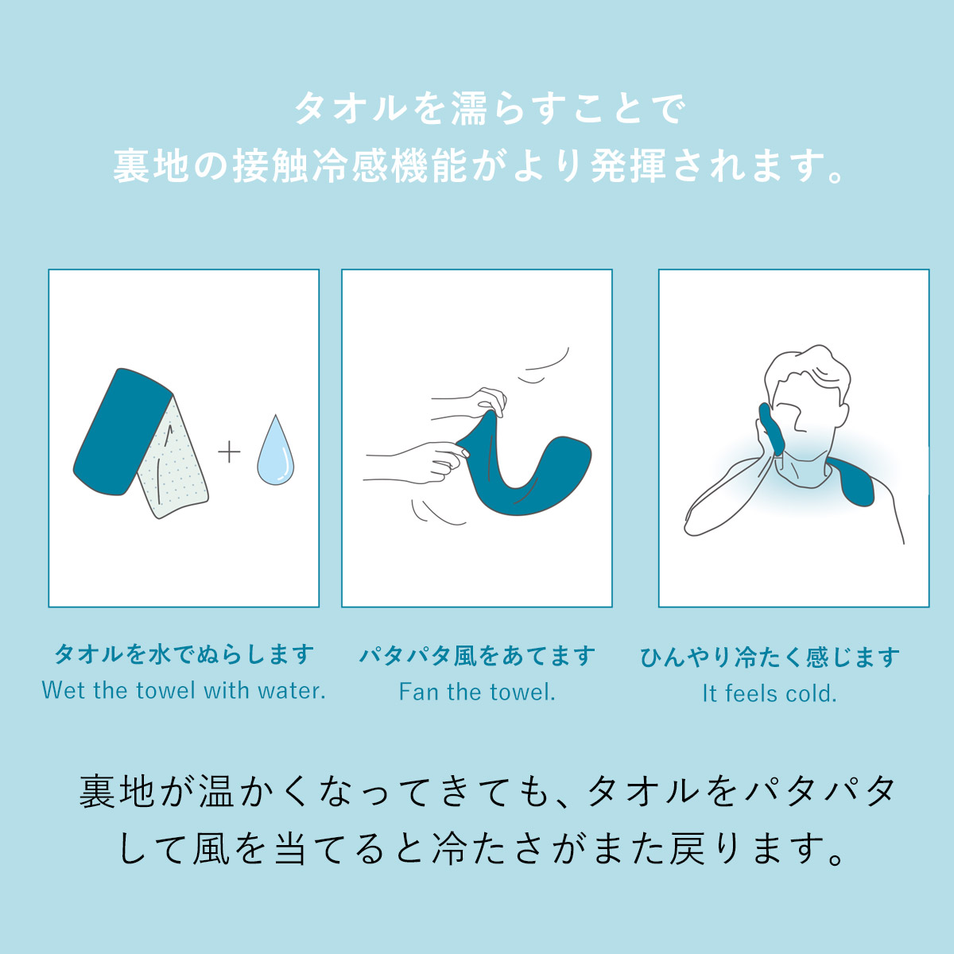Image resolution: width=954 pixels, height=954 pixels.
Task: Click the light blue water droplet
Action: [275, 453]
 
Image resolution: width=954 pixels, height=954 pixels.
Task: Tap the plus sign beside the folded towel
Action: [229, 452]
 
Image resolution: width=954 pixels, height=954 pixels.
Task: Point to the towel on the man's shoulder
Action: [851, 483]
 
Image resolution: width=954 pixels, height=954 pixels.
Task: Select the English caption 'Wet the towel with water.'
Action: [184, 691]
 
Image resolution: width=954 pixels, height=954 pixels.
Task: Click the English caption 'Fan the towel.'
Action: [477, 692]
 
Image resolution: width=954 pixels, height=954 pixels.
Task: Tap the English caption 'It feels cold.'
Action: [770, 693]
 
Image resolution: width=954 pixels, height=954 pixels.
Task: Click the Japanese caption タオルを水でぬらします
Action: [184, 655]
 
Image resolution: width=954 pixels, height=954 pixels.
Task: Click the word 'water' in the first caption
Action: [296, 692]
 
